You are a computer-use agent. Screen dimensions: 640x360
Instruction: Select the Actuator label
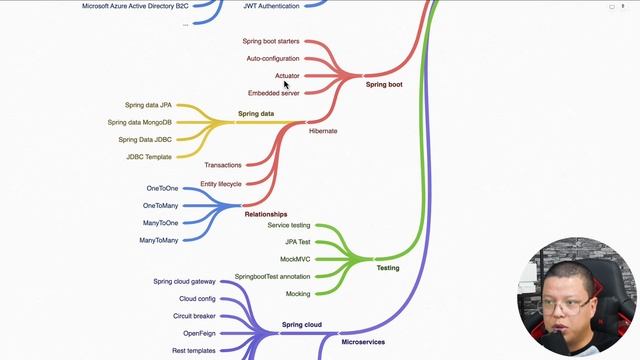tap(287, 76)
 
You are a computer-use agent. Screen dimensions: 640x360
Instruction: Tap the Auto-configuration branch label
tap(273, 59)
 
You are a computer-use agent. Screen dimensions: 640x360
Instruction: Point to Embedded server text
tap(273, 93)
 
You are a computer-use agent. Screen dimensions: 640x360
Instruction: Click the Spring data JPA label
tap(148, 105)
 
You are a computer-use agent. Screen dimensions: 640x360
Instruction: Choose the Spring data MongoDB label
tap(140, 122)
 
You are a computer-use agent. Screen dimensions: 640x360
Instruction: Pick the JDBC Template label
tap(149, 157)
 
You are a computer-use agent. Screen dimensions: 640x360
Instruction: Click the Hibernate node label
tap(323, 131)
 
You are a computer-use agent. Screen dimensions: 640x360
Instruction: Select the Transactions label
tap(222, 165)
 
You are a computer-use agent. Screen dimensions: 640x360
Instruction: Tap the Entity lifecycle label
tap(220, 184)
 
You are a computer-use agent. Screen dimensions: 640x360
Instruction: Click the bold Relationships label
tap(265, 214)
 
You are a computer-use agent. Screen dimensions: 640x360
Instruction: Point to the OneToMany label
tap(160, 206)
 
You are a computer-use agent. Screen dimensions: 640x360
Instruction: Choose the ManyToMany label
tap(159, 240)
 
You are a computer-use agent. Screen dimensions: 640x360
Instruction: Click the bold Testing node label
tap(387, 268)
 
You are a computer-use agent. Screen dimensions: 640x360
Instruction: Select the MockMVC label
tap(295, 259)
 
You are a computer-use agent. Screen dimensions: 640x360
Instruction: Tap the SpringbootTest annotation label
tap(272, 276)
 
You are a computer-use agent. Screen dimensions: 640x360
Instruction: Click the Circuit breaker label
tap(194, 316)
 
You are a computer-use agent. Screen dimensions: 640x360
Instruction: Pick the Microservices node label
tap(363, 342)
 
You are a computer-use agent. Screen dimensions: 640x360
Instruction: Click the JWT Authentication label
tap(271, 6)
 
